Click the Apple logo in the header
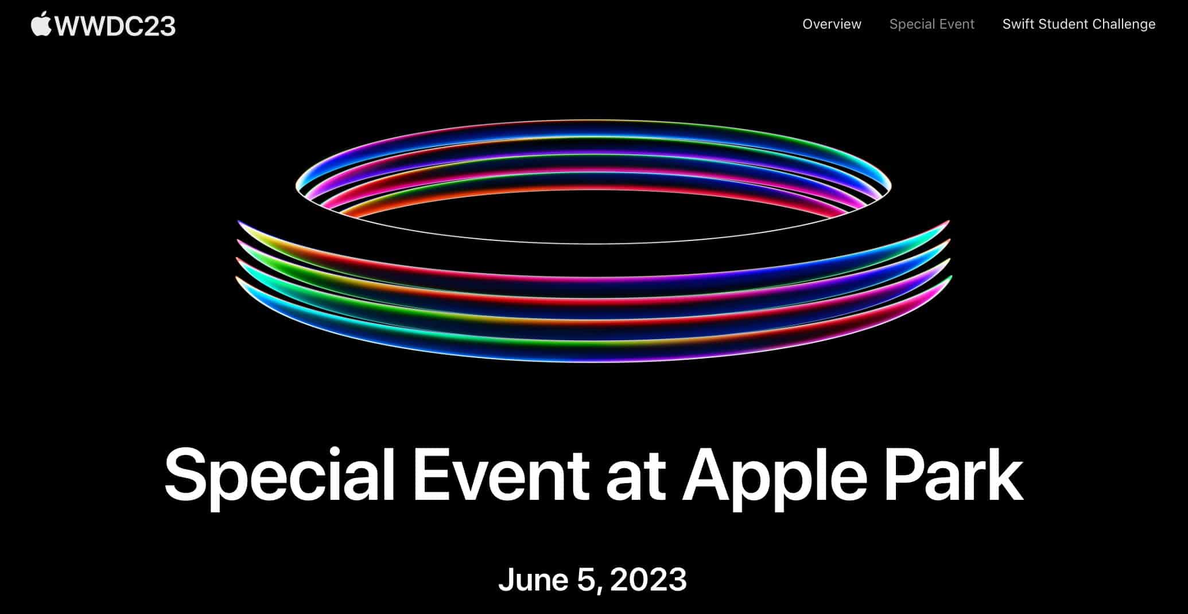pyautogui.click(x=41, y=25)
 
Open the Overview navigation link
pyautogui.click(x=832, y=24)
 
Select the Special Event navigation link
pyautogui.click(x=931, y=24)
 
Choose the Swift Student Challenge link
pyautogui.click(x=1079, y=24)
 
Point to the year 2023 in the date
pyautogui.click(x=649, y=580)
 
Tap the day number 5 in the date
pyautogui.click(x=587, y=580)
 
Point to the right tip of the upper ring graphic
pyautogui.click(x=891, y=186)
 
